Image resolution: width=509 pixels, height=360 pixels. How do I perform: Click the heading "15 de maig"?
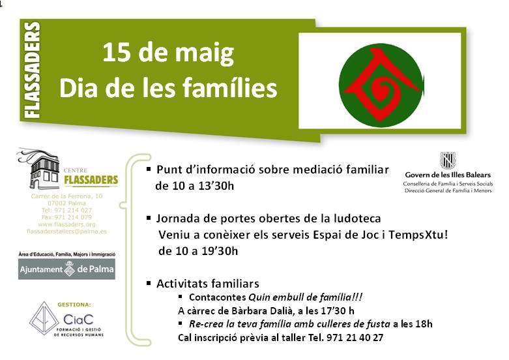click(x=168, y=53)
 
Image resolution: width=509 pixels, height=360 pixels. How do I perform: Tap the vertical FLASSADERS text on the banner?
click(x=32, y=70)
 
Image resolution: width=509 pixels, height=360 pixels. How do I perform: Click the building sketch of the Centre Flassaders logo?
click(x=39, y=169)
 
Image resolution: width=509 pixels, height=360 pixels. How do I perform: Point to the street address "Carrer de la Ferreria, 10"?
click(x=66, y=196)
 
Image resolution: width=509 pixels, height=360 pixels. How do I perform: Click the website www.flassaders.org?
click(x=66, y=224)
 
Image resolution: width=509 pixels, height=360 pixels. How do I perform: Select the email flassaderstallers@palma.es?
click(x=66, y=232)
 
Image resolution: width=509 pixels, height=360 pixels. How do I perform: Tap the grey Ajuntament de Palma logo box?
click(x=66, y=269)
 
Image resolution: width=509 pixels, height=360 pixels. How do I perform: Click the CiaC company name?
click(x=78, y=320)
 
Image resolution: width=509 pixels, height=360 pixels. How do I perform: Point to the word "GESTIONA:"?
click(x=74, y=305)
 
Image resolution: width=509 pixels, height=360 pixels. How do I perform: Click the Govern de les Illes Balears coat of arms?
click(x=448, y=160)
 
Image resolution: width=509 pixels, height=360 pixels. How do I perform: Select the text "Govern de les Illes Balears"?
click(x=448, y=175)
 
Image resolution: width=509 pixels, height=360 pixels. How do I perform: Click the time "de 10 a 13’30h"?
click(x=194, y=186)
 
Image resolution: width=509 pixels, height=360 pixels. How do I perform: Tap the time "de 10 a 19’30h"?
click(x=198, y=251)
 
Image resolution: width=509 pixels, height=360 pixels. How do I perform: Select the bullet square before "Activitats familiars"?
click(x=149, y=283)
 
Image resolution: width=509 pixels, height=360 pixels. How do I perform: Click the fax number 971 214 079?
click(x=73, y=217)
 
